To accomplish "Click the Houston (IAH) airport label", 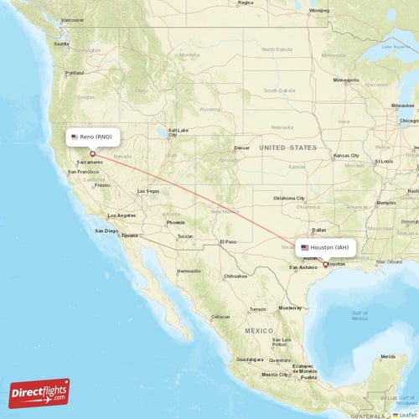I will click(x=326, y=248).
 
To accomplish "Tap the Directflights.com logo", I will click(x=39, y=393).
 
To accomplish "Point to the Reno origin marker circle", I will click(x=92, y=153).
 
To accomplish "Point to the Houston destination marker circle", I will click(x=326, y=264).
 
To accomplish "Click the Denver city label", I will click(x=242, y=147).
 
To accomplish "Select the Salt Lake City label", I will click(x=178, y=132).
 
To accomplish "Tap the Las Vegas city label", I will click(x=147, y=191).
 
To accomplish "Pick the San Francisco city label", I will click(x=84, y=172).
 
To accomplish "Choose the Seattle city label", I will click(x=61, y=44).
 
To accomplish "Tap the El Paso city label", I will click(x=228, y=242).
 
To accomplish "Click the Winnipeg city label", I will click(x=318, y=11).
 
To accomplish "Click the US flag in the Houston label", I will click(x=305, y=248).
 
